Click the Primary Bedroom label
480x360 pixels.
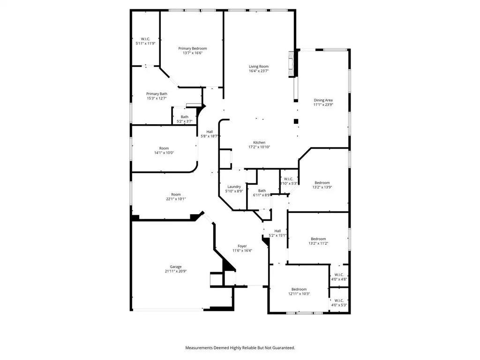tap(192, 48)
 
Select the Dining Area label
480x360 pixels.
tap(323, 100)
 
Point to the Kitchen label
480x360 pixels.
tap(259, 142)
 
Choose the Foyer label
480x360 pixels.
tap(242, 246)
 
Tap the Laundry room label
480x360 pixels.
tap(233, 187)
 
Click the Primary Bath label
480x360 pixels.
tap(157, 94)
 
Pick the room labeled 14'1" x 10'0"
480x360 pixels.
tap(164, 151)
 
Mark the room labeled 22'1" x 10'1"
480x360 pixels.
tap(176, 197)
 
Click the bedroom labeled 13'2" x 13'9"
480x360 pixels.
tap(322, 185)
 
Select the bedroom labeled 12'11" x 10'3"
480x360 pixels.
tap(299, 292)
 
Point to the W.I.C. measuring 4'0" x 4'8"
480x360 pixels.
tap(339, 277)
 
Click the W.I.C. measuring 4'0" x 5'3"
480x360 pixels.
tap(339, 303)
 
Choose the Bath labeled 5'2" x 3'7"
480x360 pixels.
tap(185, 119)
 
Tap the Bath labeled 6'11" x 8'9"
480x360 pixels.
tap(262, 193)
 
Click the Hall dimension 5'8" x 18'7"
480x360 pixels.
tap(210, 136)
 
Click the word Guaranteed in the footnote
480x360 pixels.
tap(281, 348)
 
